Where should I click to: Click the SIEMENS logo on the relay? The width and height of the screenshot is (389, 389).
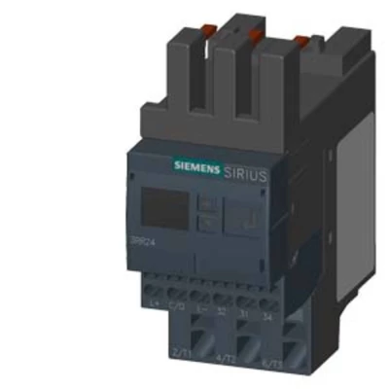pyautogui.click(x=196, y=166)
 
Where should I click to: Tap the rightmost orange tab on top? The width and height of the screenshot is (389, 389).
pyautogui.click(x=302, y=41)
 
